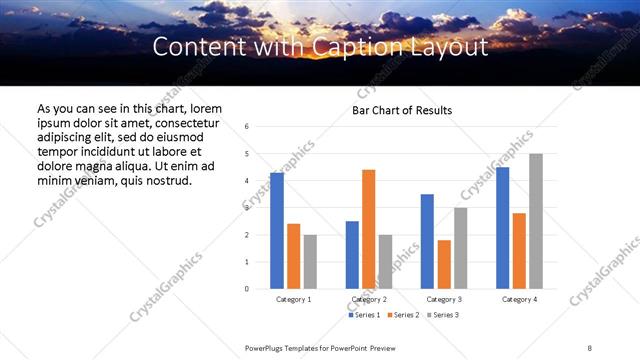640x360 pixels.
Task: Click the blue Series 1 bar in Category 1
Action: point(277,231)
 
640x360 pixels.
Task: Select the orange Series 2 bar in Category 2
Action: point(368,229)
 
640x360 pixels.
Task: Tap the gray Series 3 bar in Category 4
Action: point(536,221)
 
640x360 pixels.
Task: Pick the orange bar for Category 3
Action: point(444,264)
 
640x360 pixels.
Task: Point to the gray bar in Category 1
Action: point(310,262)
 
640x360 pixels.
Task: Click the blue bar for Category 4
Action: point(503,228)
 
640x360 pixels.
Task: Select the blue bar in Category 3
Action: point(427,241)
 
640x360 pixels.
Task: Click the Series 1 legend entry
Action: point(364,315)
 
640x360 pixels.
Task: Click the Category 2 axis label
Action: point(368,299)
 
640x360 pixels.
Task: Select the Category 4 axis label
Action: point(519,299)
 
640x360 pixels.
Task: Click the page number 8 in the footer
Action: point(589,347)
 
